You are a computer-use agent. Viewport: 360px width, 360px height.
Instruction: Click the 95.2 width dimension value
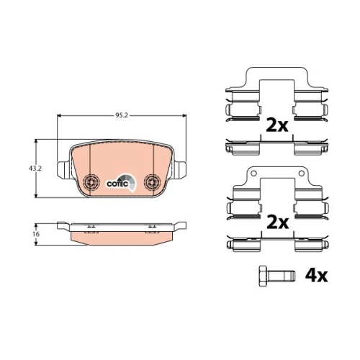pyautogui.click(x=122, y=116)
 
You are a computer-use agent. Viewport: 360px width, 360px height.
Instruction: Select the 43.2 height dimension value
pyautogui.click(x=35, y=168)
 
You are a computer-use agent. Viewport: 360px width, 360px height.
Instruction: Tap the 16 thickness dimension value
pyautogui.click(x=36, y=234)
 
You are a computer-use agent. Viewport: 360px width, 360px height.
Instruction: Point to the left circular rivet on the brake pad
pyautogui.click(x=91, y=181)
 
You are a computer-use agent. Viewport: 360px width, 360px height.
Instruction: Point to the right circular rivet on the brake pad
pyautogui.click(x=153, y=181)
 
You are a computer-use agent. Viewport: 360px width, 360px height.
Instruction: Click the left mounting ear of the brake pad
pyautogui.click(x=65, y=170)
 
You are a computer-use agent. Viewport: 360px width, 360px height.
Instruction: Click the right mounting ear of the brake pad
pyautogui.click(x=180, y=170)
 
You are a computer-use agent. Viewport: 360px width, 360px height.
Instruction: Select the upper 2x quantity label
pyautogui.click(x=277, y=126)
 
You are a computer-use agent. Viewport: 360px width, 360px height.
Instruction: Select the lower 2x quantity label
pyautogui.click(x=278, y=222)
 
